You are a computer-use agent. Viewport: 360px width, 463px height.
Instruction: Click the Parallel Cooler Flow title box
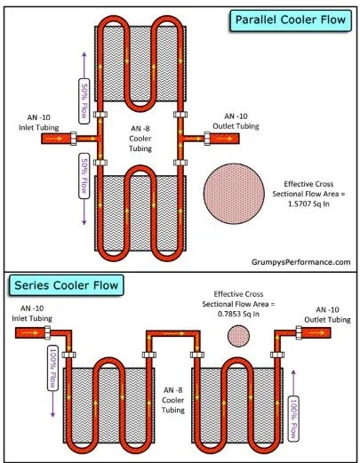click(291, 20)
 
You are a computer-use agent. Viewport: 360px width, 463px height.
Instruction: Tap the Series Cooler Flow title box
click(67, 285)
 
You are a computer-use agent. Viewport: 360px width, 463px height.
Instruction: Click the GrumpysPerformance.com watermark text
click(300, 262)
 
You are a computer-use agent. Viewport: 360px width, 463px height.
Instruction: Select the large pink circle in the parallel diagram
click(234, 194)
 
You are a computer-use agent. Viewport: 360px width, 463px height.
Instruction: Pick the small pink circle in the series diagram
click(238, 336)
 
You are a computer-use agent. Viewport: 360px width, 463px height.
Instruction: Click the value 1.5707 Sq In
click(308, 204)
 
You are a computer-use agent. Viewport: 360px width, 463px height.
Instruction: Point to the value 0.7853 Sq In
click(238, 314)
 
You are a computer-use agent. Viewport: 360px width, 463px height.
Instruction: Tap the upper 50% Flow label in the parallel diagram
click(84, 101)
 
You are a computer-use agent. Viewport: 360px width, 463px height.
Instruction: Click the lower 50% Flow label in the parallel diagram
click(84, 176)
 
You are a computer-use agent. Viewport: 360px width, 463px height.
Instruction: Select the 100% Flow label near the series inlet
click(52, 368)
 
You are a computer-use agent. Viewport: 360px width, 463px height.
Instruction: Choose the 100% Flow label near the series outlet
click(293, 419)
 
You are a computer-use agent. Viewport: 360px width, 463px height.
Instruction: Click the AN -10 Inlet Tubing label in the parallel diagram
click(39, 123)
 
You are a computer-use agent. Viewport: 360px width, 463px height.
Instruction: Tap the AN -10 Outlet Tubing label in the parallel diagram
click(236, 121)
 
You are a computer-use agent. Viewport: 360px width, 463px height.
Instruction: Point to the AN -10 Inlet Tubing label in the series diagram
click(32, 314)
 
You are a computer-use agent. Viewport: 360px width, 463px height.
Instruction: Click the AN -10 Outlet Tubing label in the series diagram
click(327, 315)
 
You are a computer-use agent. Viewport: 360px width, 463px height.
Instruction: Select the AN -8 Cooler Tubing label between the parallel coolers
click(140, 139)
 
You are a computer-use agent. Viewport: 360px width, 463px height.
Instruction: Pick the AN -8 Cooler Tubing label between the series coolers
click(173, 400)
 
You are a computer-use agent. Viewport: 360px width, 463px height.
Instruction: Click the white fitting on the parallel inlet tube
click(73, 139)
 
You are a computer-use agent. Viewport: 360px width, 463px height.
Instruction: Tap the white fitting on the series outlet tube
click(299, 332)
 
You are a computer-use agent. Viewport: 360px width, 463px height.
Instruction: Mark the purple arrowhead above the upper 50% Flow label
click(84, 55)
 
